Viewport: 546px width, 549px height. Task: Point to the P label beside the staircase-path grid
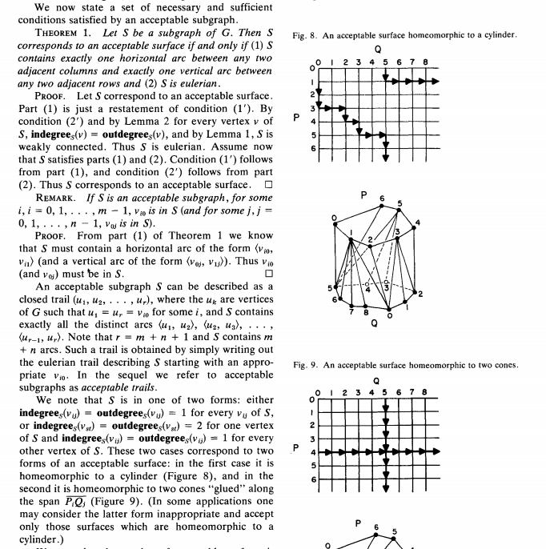pos(296,118)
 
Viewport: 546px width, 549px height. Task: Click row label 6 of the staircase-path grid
pos(313,149)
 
